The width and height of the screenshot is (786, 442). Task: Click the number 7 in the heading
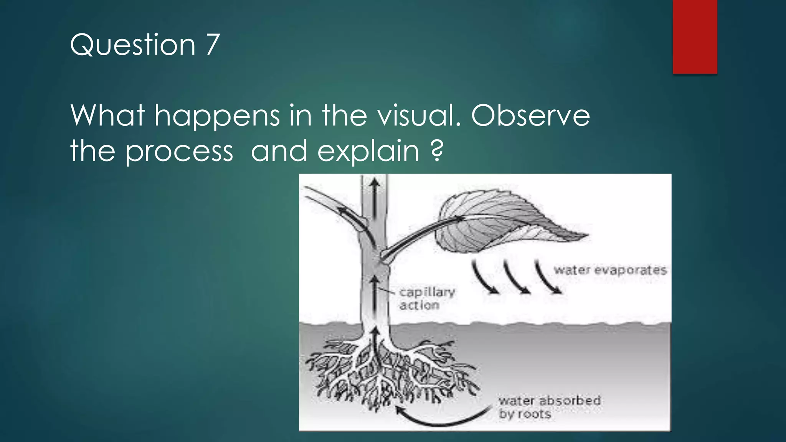(213, 45)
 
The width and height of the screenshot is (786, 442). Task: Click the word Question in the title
(132, 45)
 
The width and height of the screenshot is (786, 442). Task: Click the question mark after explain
(437, 151)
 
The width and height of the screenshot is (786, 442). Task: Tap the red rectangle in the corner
(695, 36)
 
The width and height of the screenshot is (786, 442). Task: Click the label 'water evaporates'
(610, 270)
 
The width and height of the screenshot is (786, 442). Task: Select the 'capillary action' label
(427, 299)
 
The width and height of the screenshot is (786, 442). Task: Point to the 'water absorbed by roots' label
(549, 407)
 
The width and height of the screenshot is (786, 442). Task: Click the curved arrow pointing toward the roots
(441, 418)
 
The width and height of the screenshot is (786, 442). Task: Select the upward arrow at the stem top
(375, 196)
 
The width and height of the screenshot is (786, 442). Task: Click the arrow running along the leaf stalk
(422, 234)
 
